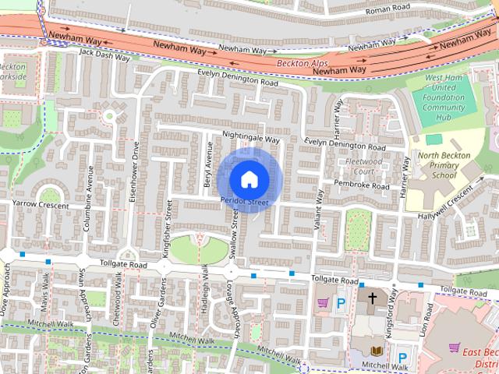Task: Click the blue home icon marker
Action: coord(248,179)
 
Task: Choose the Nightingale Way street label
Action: coord(250,136)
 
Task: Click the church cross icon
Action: coord(372,299)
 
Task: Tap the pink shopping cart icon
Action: coord(321,303)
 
